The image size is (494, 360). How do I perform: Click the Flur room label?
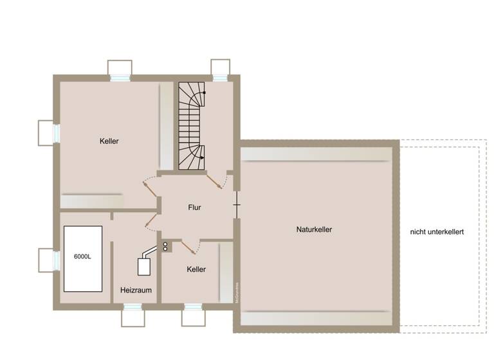194,208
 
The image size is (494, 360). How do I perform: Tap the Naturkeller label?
314,229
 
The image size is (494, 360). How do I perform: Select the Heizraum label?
136,290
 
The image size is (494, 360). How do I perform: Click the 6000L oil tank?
82,258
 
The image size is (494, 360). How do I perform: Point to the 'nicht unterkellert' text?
437,231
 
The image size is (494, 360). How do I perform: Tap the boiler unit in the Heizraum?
144,264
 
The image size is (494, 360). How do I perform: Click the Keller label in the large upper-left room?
109,141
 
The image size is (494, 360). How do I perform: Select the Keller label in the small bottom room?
196,269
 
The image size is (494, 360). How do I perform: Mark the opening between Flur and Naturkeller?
237,206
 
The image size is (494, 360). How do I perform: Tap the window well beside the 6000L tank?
48,260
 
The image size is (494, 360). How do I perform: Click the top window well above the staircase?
221,68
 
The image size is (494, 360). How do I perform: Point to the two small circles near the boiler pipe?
165,246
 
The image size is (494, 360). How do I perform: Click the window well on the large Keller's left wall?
48,132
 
